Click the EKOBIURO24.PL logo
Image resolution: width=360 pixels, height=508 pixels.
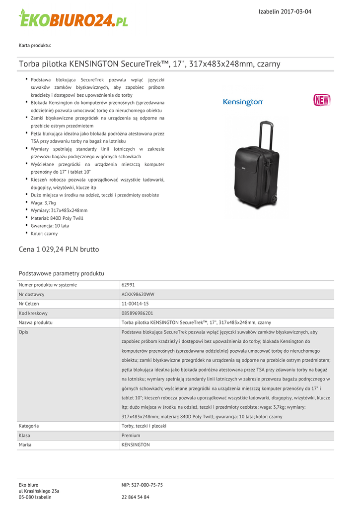coord(73,19)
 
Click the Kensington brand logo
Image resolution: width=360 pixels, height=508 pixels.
coord(243,102)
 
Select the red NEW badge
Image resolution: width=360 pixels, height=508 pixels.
coord(322,100)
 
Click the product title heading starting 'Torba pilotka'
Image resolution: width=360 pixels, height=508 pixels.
coord(149,64)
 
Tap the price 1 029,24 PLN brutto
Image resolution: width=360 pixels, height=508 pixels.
coord(59,249)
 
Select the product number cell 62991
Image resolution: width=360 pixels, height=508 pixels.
coord(128,285)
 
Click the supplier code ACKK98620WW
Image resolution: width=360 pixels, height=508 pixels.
coord(138,294)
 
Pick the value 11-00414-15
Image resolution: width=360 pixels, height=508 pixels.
coord(135,304)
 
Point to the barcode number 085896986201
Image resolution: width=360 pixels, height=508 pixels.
coord(138,313)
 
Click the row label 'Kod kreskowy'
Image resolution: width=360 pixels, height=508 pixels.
coord(33,313)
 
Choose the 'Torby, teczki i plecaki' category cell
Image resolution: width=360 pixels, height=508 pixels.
coord(144,426)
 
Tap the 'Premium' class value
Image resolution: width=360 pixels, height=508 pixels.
coord(131,435)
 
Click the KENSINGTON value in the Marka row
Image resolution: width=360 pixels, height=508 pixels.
coord(136,444)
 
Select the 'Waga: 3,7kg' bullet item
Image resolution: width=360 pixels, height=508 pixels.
coord(43,203)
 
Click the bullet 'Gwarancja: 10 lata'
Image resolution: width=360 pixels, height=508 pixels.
coord(50,226)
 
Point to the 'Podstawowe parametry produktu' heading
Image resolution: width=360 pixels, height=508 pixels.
coord(61,273)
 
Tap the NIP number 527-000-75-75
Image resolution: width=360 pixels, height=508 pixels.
coord(142,485)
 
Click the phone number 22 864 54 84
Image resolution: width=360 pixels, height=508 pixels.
coord(136,497)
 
